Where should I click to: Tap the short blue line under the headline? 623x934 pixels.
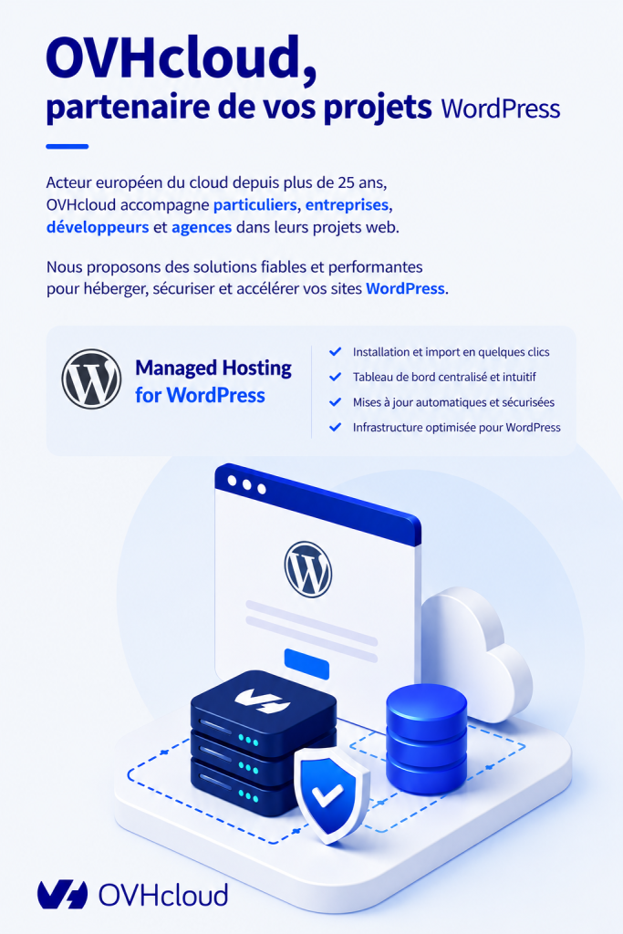(x=67, y=146)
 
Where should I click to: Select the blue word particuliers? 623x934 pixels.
(x=254, y=205)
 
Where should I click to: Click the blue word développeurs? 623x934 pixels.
(x=98, y=227)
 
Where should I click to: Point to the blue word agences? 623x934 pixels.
(x=202, y=228)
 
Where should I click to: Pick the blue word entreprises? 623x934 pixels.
(x=348, y=205)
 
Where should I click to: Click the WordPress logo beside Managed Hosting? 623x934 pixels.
(x=91, y=379)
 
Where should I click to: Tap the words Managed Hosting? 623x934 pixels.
(x=213, y=368)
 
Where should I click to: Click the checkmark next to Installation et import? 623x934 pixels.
(x=336, y=351)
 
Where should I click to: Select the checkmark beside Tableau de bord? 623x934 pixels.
(x=336, y=377)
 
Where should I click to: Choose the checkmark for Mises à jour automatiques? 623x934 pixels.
(x=336, y=402)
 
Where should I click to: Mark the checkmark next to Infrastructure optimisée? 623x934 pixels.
(x=336, y=427)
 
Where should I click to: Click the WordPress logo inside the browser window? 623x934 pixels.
(x=308, y=569)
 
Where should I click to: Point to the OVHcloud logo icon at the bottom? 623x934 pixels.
(x=63, y=895)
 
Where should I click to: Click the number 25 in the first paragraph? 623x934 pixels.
(x=347, y=182)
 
